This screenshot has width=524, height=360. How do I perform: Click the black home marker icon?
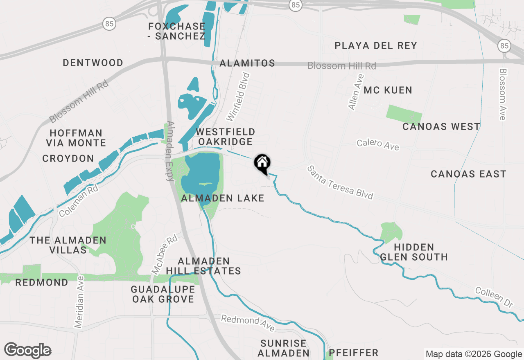(x=262, y=163)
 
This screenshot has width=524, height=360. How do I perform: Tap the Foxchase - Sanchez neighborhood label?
(x=176, y=32)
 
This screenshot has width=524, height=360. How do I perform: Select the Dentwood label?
(x=93, y=63)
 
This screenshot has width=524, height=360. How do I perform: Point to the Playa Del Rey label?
(x=376, y=45)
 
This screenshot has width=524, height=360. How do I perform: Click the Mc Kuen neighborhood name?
(x=388, y=90)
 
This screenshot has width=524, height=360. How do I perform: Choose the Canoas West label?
(x=441, y=126)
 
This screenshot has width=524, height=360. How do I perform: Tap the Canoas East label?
(x=468, y=174)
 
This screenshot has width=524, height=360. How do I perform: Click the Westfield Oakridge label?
(x=225, y=137)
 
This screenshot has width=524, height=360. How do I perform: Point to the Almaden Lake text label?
(x=223, y=198)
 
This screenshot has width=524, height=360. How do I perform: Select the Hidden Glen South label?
(x=414, y=252)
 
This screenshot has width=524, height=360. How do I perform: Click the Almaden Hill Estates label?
(x=203, y=266)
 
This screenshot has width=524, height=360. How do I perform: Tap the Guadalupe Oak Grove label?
(x=163, y=294)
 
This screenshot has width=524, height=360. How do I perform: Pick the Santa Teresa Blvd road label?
(x=341, y=182)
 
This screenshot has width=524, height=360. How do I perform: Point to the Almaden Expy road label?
(x=171, y=151)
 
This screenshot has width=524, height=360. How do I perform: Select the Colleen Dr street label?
(x=494, y=297)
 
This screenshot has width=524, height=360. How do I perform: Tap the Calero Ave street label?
(x=377, y=144)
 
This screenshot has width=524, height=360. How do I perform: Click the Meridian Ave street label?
(x=79, y=301)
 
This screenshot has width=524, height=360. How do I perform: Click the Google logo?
(x=28, y=351)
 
